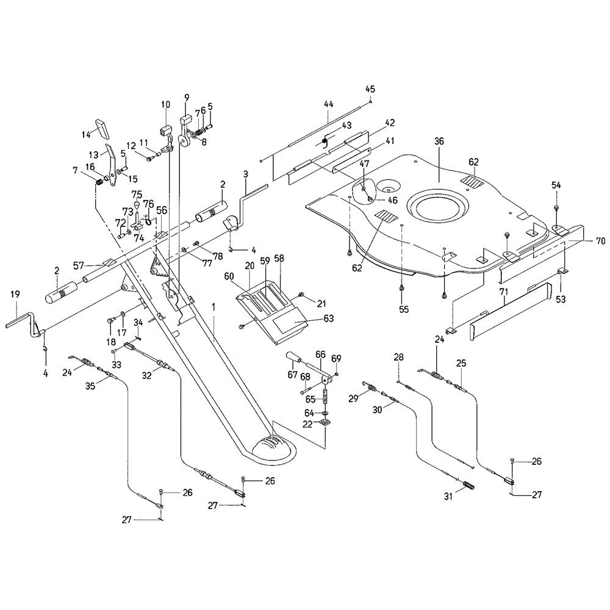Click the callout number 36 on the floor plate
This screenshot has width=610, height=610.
pyautogui.click(x=439, y=141)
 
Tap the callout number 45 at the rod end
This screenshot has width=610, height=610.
pyautogui.click(x=370, y=89)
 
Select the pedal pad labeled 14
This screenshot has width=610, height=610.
pyautogui.click(x=99, y=127)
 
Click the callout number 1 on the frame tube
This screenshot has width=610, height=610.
pyautogui.click(x=213, y=304)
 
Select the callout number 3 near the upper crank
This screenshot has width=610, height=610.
pyautogui.click(x=245, y=174)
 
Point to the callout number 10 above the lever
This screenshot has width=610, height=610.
pyautogui.click(x=165, y=104)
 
